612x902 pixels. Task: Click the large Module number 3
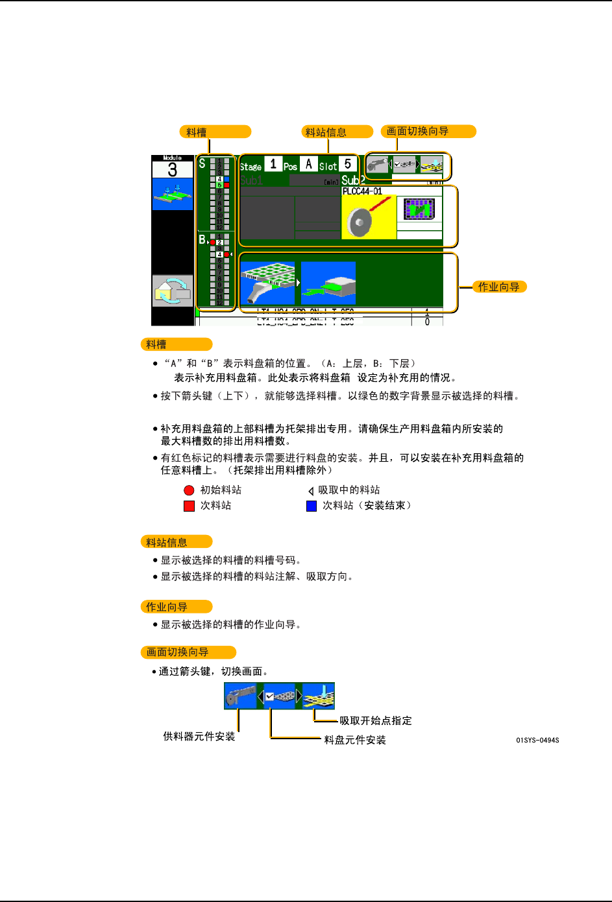tap(172, 170)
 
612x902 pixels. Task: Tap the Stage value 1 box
tap(273, 164)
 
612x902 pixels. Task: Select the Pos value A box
tap(309, 164)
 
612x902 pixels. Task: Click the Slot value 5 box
tap(348, 164)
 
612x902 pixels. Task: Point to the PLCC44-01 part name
tap(362, 191)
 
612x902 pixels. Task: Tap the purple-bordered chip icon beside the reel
tap(419, 209)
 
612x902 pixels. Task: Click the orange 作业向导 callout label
tap(498, 287)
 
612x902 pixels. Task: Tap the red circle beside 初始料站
tap(189, 490)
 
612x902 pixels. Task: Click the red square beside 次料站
tap(189, 506)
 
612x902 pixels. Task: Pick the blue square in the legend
tap(312, 506)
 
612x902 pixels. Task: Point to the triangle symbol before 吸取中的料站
tap(311, 491)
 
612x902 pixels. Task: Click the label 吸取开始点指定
tap(376, 720)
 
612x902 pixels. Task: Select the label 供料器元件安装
tap(199, 737)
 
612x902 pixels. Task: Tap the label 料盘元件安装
tap(355, 740)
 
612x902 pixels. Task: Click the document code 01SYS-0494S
tap(537, 740)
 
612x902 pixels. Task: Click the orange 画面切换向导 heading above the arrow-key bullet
tap(188, 652)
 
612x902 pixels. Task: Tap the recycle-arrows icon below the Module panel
tap(172, 291)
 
